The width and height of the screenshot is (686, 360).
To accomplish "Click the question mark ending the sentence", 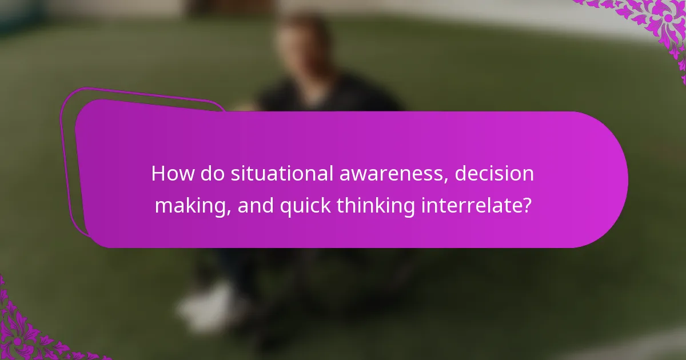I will point(526,205).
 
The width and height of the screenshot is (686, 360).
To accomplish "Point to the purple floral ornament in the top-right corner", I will point(657,23).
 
